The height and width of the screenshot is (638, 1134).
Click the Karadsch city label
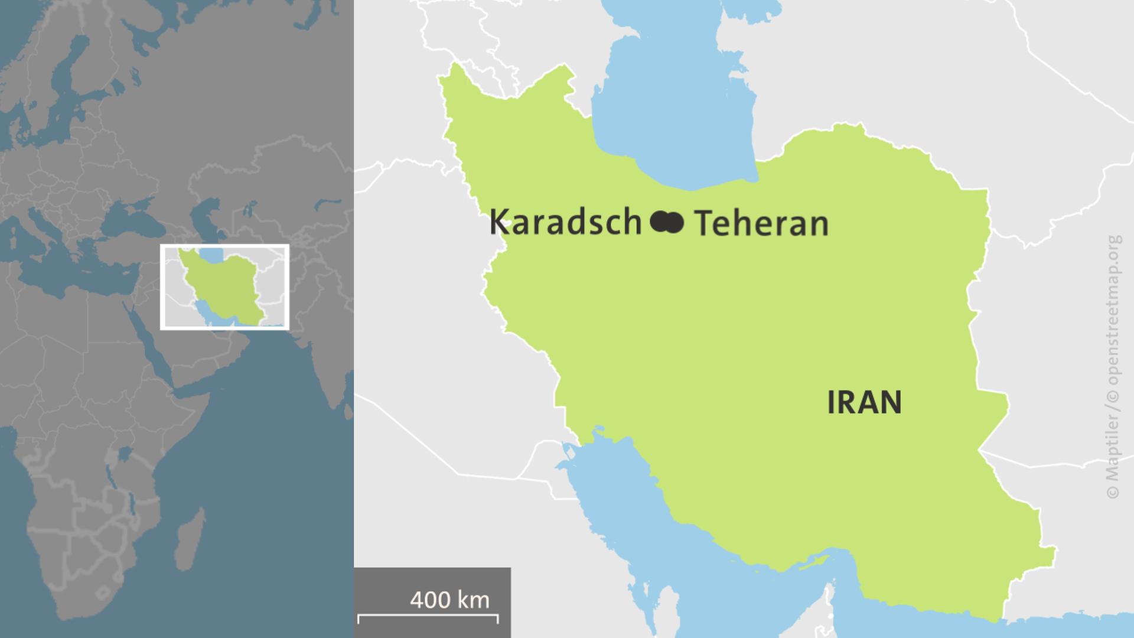(x=565, y=223)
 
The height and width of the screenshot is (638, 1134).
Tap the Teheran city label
(x=761, y=224)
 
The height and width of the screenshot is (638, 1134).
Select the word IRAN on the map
(x=863, y=402)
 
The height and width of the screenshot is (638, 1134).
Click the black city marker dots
(x=667, y=223)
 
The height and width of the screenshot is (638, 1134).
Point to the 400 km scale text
(x=449, y=600)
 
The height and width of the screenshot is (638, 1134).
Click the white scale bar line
(x=428, y=616)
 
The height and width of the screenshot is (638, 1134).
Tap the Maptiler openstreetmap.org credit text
(x=1113, y=366)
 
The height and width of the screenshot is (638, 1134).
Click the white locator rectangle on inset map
(x=224, y=246)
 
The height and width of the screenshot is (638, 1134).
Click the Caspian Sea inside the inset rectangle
(x=211, y=255)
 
